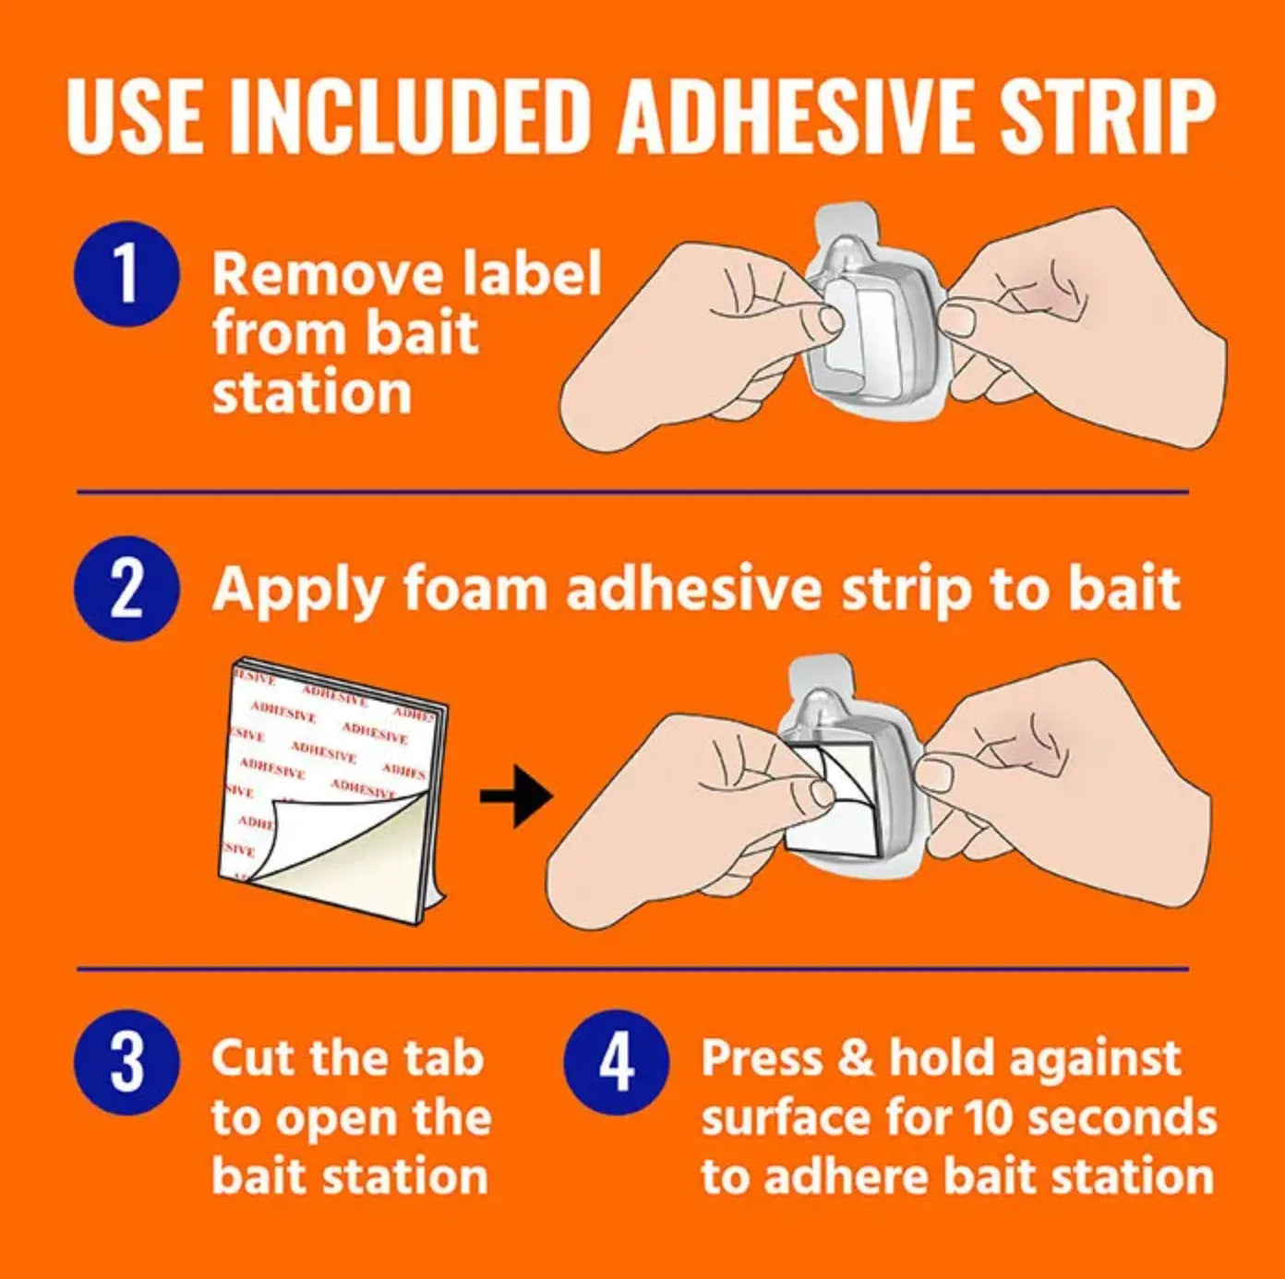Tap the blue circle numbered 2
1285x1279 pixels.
(x=126, y=590)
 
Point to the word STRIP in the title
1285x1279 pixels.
(x=1107, y=117)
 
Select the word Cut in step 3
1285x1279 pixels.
(x=251, y=1058)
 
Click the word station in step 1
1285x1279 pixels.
(x=311, y=394)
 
